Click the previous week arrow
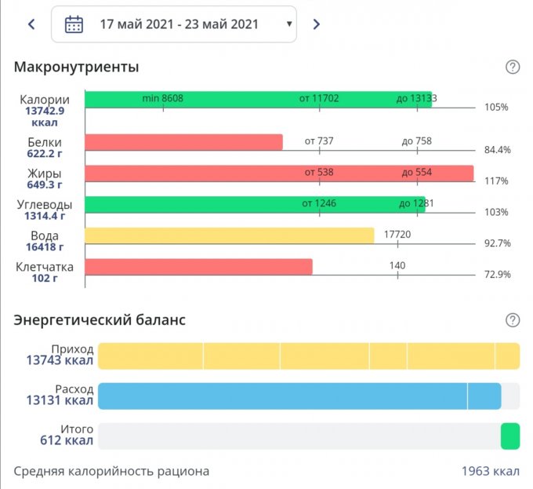point(31,24)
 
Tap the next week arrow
point(316,24)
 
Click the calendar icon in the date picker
point(74,24)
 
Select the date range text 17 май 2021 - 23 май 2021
point(179,24)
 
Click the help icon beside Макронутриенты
point(513,67)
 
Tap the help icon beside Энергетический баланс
point(513,319)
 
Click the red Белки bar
point(183,142)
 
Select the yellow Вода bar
point(229,235)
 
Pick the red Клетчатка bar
point(198,267)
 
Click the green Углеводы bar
point(255,205)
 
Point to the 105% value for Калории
point(497,107)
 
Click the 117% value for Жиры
point(497,181)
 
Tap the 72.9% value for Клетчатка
point(497,274)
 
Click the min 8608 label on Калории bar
point(163,98)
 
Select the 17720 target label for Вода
point(397,235)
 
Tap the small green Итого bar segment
point(510,436)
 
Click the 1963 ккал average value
point(490,472)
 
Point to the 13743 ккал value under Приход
point(60,361)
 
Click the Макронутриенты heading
point(77,67)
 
